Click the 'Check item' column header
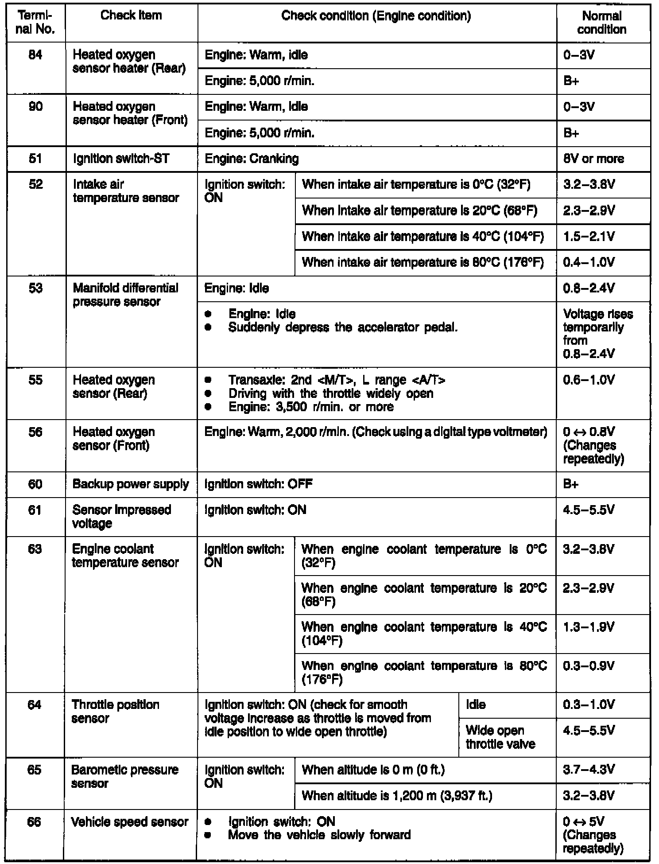click(131, 16)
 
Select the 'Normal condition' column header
click(601, 23)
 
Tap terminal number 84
click(35, 55)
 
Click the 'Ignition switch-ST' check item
click(121, 159)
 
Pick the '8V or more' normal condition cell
click(593, 159)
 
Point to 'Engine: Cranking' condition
click(252, 159)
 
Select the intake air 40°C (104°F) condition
click(423, 237)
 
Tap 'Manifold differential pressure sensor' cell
click(125, 295)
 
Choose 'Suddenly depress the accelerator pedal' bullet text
click(343, 327)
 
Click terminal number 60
click(35, 484)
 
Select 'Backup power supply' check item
click(131, 484)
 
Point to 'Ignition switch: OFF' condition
click(258, 484)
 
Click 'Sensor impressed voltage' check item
click(121, 517)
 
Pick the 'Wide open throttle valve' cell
click(500, 737)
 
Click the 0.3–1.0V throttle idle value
click(589, 705)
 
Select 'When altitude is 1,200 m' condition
click(397, 796)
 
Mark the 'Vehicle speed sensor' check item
click(130, 822)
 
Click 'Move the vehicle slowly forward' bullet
click(319, 835)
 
